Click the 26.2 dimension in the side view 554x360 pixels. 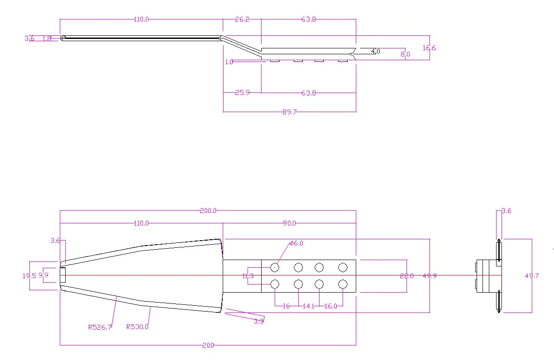[242, 19]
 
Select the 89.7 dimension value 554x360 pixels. [289, 112]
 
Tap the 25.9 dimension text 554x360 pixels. [243, 93]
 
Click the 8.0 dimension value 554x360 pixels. [405, 54]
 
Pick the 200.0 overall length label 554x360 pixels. [208, 211]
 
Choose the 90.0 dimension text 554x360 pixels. [289, 223]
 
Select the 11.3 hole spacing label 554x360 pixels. [248, 276]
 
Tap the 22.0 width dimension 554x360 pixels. [407, 276]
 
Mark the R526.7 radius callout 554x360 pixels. [100, 327]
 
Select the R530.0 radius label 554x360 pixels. [137, 327]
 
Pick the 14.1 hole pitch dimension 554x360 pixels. [309, 306]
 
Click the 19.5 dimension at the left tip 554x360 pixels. [29, 275]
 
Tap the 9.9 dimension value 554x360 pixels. [43, 275]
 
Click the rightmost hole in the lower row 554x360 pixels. [343, 284]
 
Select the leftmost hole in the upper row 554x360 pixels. [275, 267]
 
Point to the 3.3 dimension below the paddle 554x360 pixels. [259, 321]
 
